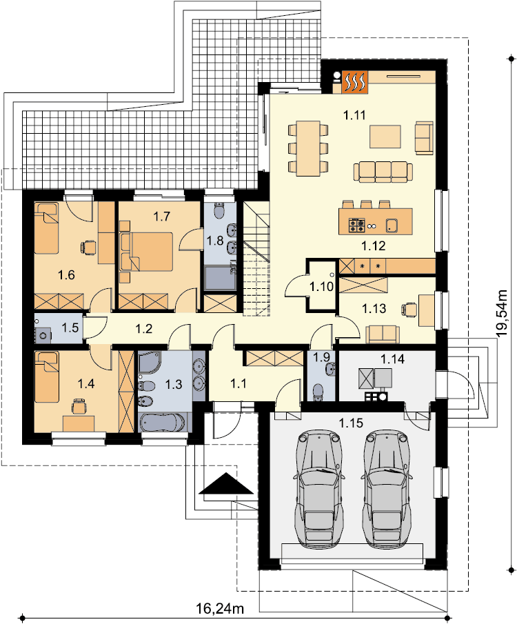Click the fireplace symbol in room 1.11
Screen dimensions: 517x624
pos(354,82)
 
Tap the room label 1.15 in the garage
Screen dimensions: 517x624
pos(351,422)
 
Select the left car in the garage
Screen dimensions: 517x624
pos(318,488)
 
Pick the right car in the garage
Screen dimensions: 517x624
pos(386,488)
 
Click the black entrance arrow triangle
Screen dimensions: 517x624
pos(226,483)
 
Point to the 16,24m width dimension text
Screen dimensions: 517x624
pos(220,608)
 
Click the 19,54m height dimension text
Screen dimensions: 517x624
pos(503,314)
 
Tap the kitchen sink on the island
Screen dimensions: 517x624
pos(392,225)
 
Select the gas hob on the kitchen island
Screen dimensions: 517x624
pos(356,225)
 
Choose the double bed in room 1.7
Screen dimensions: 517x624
pos(145,252)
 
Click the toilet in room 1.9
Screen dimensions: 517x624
pos(318,392)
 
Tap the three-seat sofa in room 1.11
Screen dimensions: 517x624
pos(383,172)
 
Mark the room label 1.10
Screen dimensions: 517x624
pos(322,286)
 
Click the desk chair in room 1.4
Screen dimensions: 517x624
pos(79,406)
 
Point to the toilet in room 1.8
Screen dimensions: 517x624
pos(219,210)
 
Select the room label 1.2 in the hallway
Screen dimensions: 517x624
pos(143,329)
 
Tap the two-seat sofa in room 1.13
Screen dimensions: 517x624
pos(383,334)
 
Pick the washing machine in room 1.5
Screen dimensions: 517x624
pos(43,335)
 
